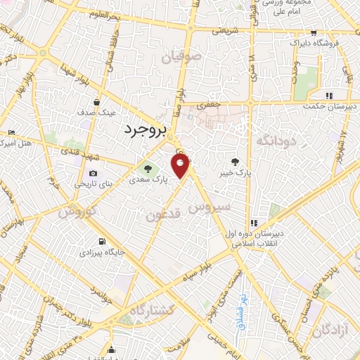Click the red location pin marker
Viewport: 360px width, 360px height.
[x=181, y=166]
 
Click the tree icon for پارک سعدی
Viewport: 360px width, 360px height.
[x=148, y=168]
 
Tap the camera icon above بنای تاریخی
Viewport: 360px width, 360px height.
[x=93, y=173]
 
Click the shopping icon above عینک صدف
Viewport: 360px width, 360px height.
[x=96, y=101]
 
